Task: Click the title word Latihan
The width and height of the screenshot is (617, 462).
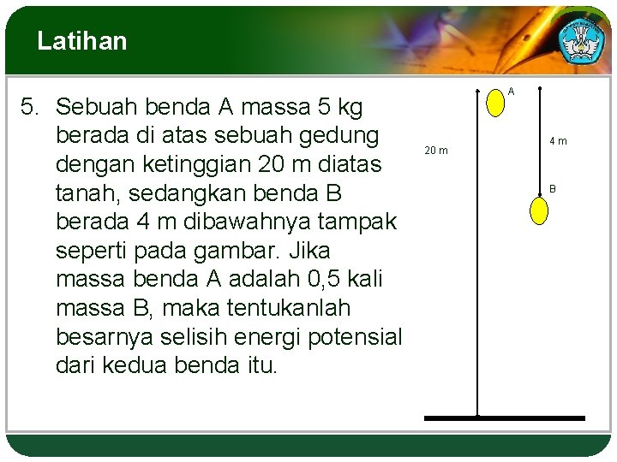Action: coord(82,41)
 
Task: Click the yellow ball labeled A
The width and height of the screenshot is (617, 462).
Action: coord(495,103)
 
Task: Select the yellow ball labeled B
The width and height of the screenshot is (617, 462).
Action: coord(539,210)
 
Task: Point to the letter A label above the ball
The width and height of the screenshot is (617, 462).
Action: coord(511,91)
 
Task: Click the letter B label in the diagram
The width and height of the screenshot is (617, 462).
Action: coord(553,188)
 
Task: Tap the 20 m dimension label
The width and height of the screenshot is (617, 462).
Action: coord(436,151)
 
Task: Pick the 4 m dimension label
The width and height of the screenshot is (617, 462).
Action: coord(558,141)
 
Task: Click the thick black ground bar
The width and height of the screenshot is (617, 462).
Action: coord(505,418)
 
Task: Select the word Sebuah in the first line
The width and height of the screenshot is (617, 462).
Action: coord(97,107)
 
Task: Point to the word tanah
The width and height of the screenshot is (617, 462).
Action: coord(84,192)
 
